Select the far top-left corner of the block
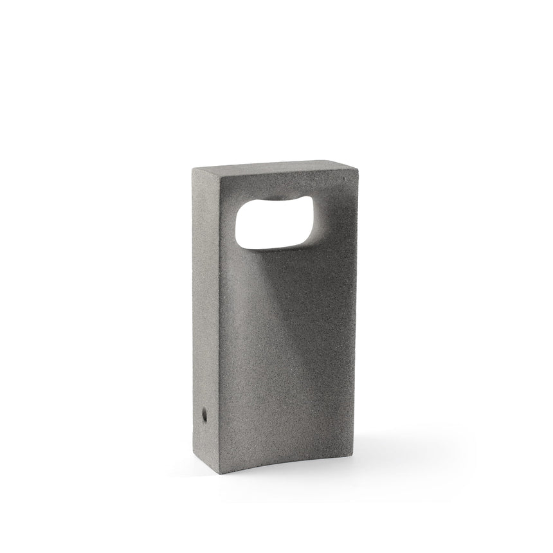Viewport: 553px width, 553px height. [194, 168]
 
